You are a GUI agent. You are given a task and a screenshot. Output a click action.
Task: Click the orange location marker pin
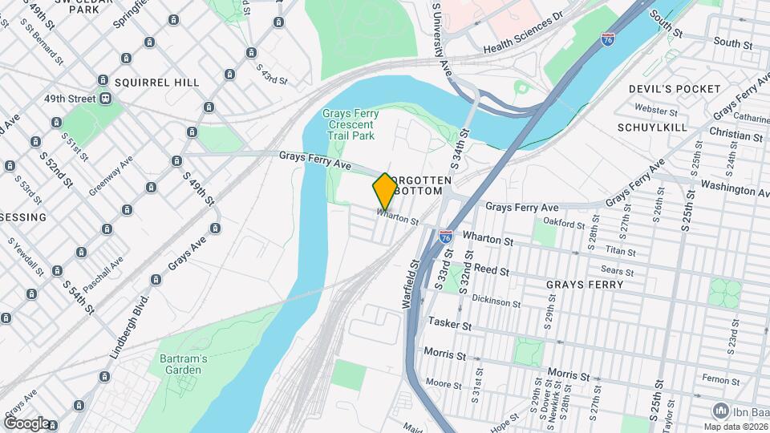(x=385, y=191)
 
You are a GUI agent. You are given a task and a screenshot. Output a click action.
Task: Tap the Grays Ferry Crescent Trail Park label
(x=348, y=125)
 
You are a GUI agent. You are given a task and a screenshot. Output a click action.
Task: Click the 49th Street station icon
(x=105, y=99)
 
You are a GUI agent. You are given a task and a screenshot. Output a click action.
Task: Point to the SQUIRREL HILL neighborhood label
(x=156, y=82)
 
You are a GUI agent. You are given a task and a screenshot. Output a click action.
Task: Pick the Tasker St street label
(x=448, y=322)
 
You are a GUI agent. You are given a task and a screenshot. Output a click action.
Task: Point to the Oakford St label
(x=561, y=222)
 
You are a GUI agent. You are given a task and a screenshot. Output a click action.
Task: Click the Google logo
(x=26, y=423)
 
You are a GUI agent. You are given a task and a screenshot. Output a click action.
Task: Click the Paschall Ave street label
(x=103, y=273)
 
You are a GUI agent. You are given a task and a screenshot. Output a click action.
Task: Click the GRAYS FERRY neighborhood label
(x=584, y=284)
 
